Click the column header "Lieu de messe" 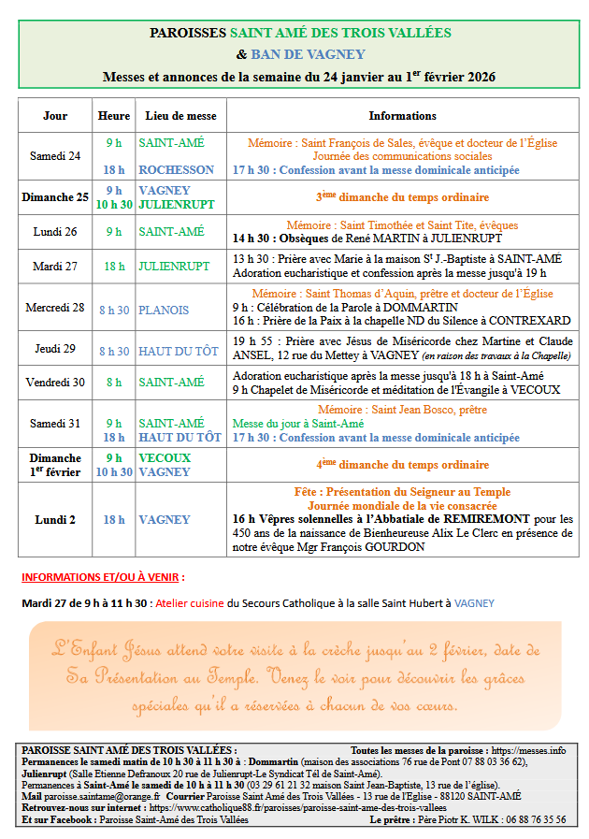[x=180, y=116]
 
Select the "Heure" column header [x=113, y=116]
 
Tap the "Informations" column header [x=402, y=116]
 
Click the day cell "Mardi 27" [x=55, y=266]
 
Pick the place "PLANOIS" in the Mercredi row [x=164, y=310]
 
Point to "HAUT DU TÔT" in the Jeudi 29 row [x=180, y=351]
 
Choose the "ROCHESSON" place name [x=176, y=170]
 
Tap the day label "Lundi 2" [x=55, y=519]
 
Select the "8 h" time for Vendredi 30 [x=113, y=383]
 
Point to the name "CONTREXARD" [x=534, y=321]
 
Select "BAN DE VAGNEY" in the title [x=308, y=54]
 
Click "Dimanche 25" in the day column [x=55, y=197]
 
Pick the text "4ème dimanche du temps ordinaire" [x=402, y=465]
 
